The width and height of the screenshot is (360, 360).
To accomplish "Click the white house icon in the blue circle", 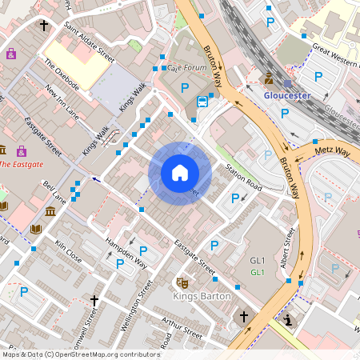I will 179,173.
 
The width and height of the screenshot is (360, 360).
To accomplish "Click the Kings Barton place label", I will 202,296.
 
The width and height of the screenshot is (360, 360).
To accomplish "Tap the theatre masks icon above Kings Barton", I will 182,282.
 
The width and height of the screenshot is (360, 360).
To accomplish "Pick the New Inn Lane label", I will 62,99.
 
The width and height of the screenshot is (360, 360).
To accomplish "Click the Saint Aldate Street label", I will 90,46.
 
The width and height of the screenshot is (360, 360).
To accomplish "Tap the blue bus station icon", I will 203,101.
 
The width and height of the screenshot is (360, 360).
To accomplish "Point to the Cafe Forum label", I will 186,69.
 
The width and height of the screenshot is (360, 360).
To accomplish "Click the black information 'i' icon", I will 288,321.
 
